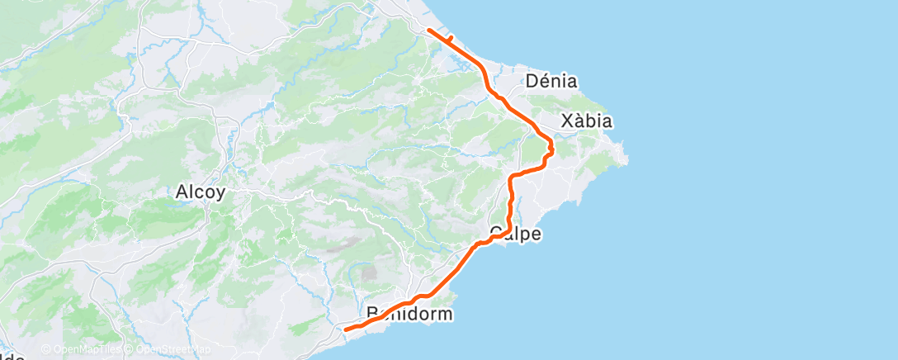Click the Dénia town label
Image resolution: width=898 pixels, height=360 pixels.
click(551, 82)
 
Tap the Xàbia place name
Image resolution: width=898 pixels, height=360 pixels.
click(587, 121)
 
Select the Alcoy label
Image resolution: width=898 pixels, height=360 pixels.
click(201, 192)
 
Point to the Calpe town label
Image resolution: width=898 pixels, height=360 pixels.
click(515, 234)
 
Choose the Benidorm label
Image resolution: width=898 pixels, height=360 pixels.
click(410, 314)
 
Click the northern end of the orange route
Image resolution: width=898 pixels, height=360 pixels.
click(428, 30)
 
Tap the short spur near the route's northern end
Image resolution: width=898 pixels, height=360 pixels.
click(450, 37)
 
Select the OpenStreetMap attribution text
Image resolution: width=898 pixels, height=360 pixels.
click(170, 350)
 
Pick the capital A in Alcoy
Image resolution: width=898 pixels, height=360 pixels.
click(182, 192)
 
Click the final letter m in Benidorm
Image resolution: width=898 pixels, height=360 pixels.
click(446, 314)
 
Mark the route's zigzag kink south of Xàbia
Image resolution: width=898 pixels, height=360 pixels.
click(551, 149)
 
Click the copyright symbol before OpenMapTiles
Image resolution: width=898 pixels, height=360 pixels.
click(46, 350)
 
